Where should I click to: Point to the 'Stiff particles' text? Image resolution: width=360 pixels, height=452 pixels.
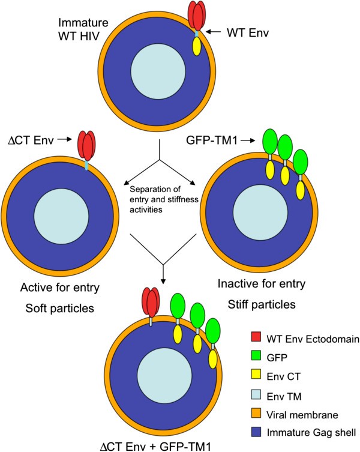262,304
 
